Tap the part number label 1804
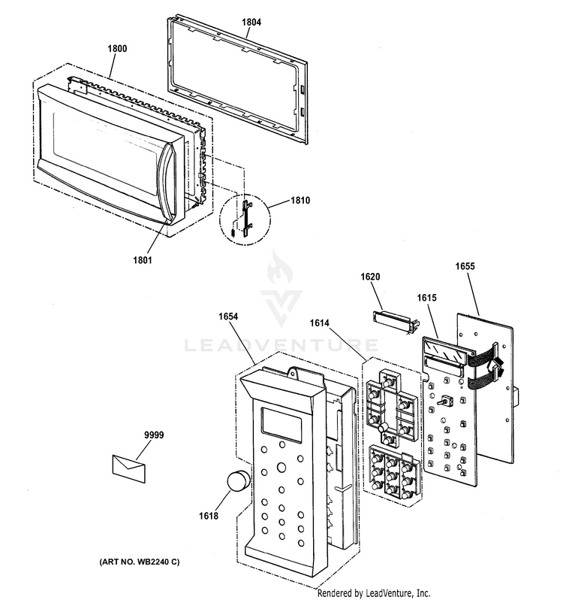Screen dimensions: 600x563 (x=251, y=23)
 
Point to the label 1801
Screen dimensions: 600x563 (x=143, y=261)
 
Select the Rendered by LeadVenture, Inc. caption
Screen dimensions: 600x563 (x=374, y=592)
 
